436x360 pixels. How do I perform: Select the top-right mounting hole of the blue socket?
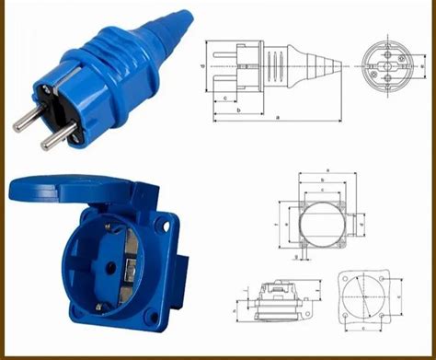[169, 224]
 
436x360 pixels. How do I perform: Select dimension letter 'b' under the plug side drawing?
[238, 110]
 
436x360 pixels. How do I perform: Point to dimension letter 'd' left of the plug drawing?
[201, 68]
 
